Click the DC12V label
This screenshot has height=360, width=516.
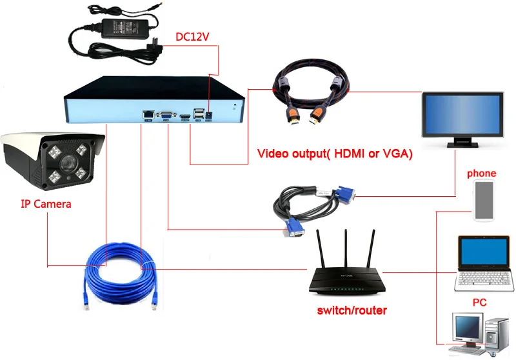[192, 37]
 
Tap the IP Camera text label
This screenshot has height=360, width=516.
[46, 205]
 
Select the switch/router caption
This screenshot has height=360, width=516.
[352, 310]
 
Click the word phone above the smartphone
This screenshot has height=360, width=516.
[481, 174]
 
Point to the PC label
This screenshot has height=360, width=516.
[479, 302]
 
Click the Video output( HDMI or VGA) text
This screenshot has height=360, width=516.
[335, 155]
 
